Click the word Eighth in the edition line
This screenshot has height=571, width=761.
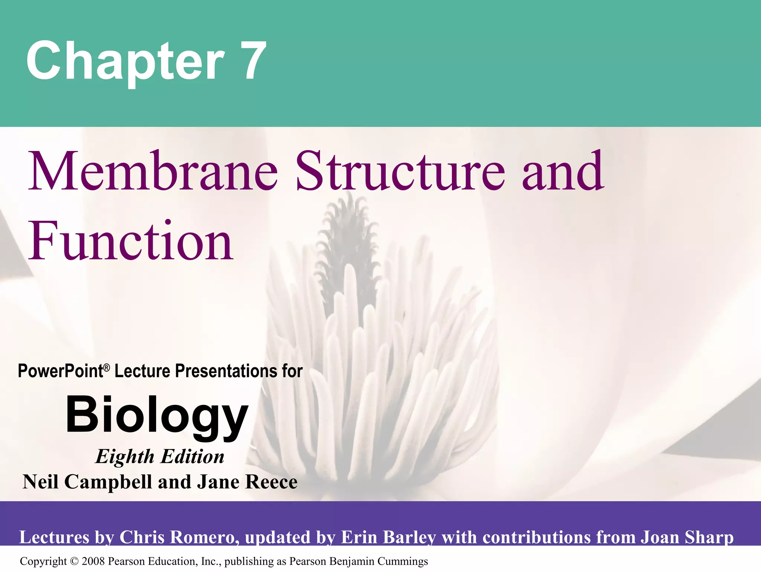(125, 457)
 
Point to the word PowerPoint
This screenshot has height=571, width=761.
(61, 371)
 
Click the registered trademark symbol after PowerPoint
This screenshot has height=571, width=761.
(107, 368)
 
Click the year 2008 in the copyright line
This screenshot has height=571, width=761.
(94, 561)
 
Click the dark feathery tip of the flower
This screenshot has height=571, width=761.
(347, 238)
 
